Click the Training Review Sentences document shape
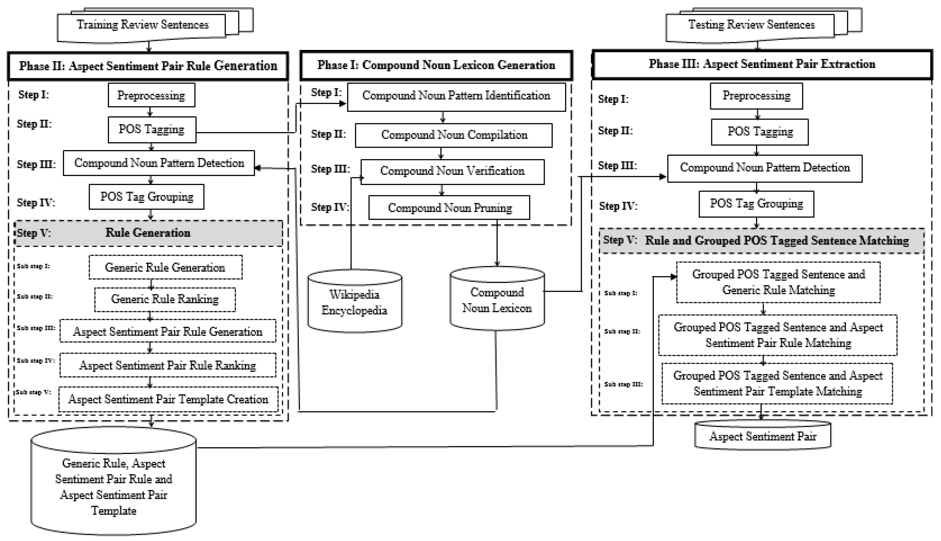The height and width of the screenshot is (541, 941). pos(142,25)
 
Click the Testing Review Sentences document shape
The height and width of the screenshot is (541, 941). pos(751,25)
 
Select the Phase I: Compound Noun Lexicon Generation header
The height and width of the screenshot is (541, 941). pos(436,65)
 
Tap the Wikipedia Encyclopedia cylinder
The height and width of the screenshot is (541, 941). pos(354,302)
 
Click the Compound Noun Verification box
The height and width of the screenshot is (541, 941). pos(452,171)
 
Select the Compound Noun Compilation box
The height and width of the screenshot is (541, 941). pos(454,135)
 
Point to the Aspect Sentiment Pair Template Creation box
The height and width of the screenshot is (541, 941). pos(168,399)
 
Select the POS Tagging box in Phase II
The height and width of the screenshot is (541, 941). pos(152,130)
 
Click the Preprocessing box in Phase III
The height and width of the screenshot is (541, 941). pos(756,96)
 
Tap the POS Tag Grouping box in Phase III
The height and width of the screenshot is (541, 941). pos(756,204)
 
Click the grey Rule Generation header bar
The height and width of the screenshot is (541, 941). pos(148,233)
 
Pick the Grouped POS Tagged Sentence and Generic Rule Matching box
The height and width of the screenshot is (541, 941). pos(778,282)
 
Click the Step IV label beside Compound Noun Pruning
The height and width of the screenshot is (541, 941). pos(330,207)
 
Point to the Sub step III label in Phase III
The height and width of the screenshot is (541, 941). pos(623,384)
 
